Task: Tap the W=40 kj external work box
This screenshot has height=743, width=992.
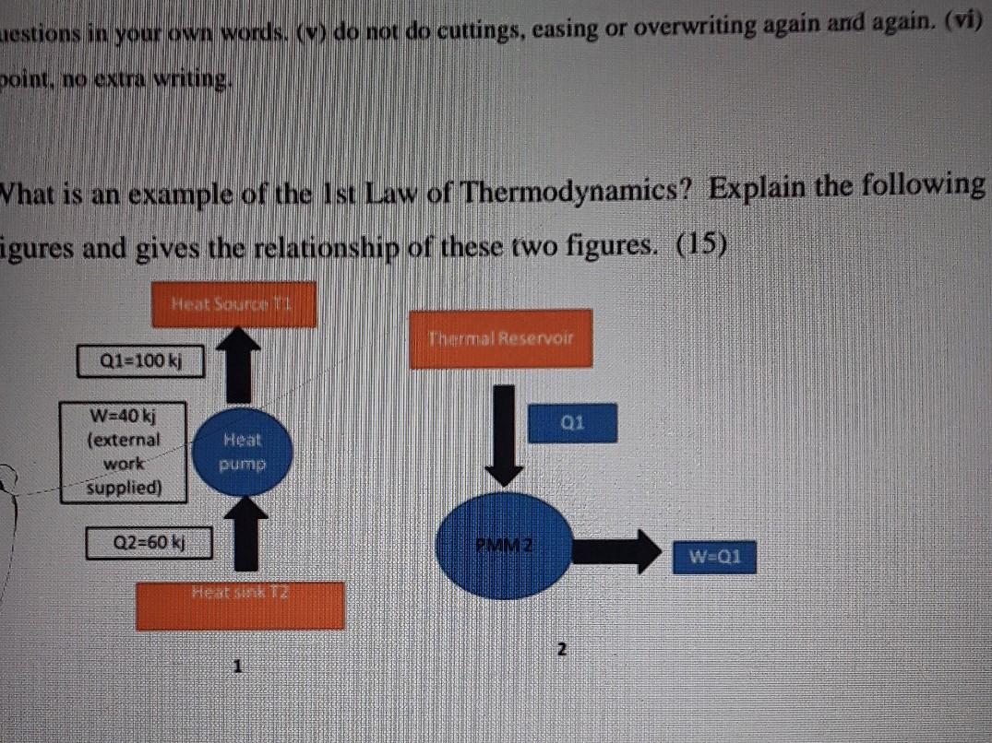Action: click(x=124, y=451)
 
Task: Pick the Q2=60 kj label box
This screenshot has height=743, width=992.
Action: click(x=149, y=541)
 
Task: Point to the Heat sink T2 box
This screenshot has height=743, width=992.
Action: click(x=240, y=606)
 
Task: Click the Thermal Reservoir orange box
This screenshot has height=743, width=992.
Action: click(x=500, y=338)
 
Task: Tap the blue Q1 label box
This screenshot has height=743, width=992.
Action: click(x=573, y=423)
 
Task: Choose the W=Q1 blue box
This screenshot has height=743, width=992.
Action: click(x=714, y=556)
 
